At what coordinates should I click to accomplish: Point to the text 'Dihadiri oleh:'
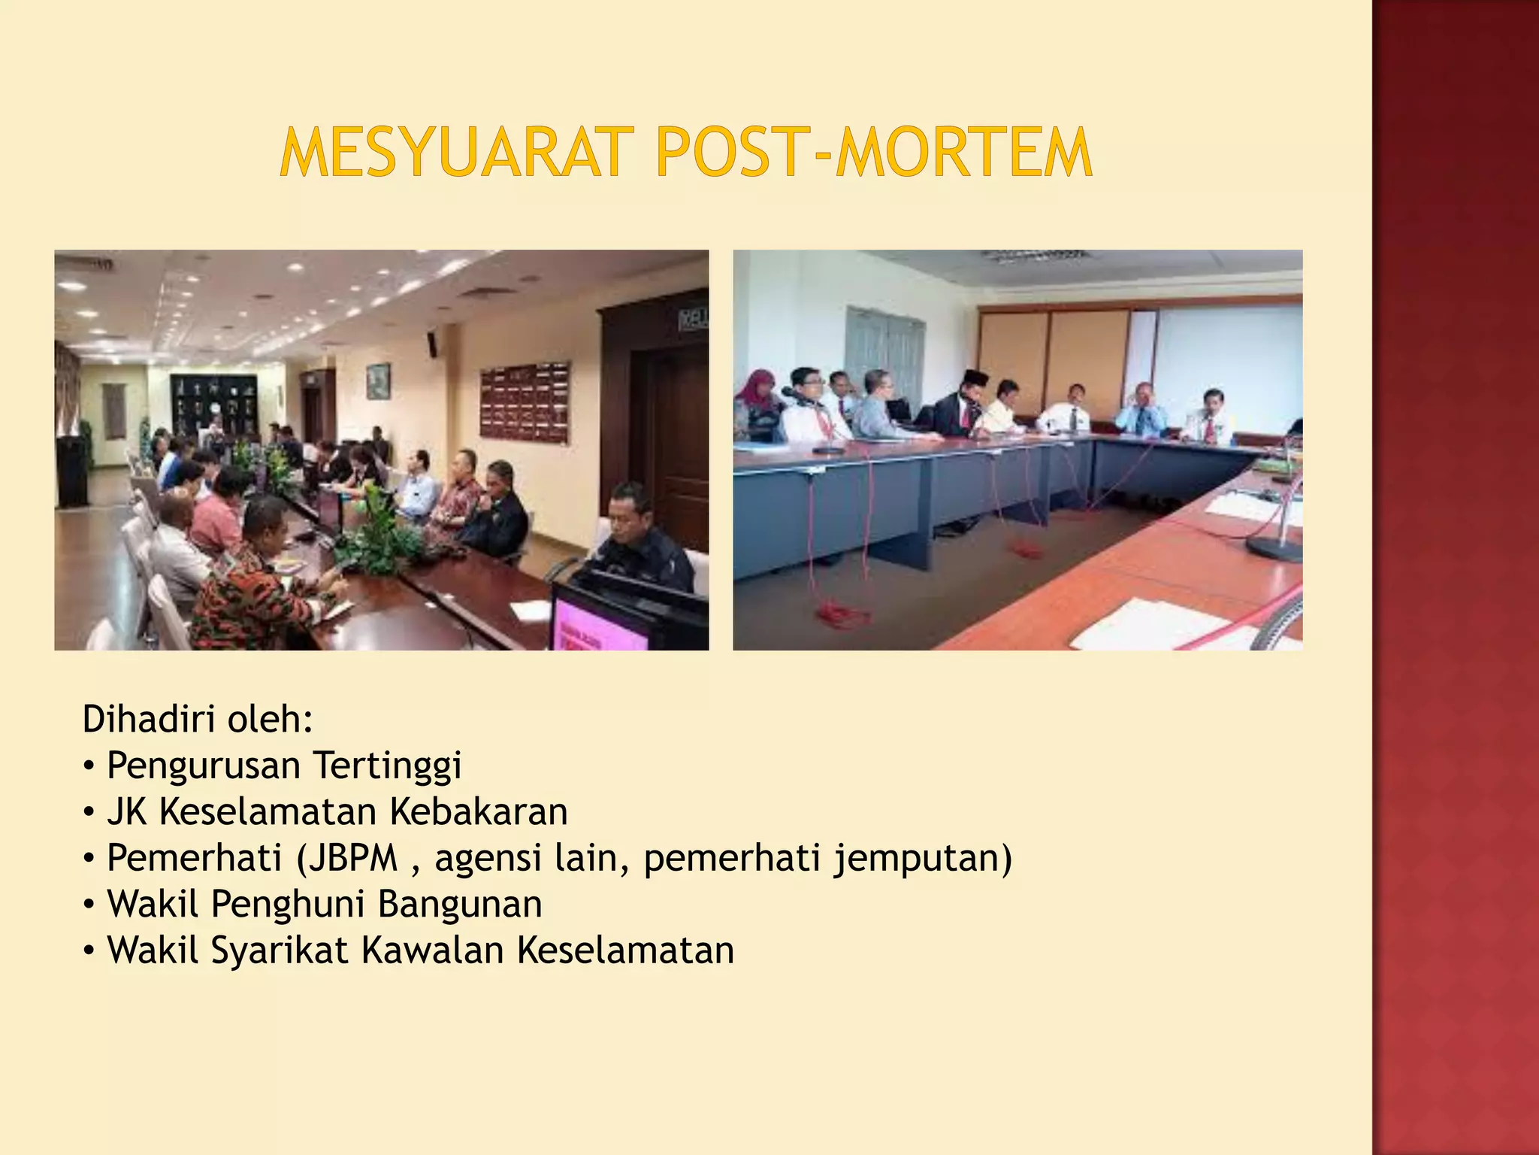click(198, 719)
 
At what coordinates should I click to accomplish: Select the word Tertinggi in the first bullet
click(388, 765)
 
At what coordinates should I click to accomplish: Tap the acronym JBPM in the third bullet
click(348, 858)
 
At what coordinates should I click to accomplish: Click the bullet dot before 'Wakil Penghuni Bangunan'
click(89, 905)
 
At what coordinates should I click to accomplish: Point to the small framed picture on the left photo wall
click(379, 380)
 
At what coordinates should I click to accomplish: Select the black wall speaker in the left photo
click(432, 344)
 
